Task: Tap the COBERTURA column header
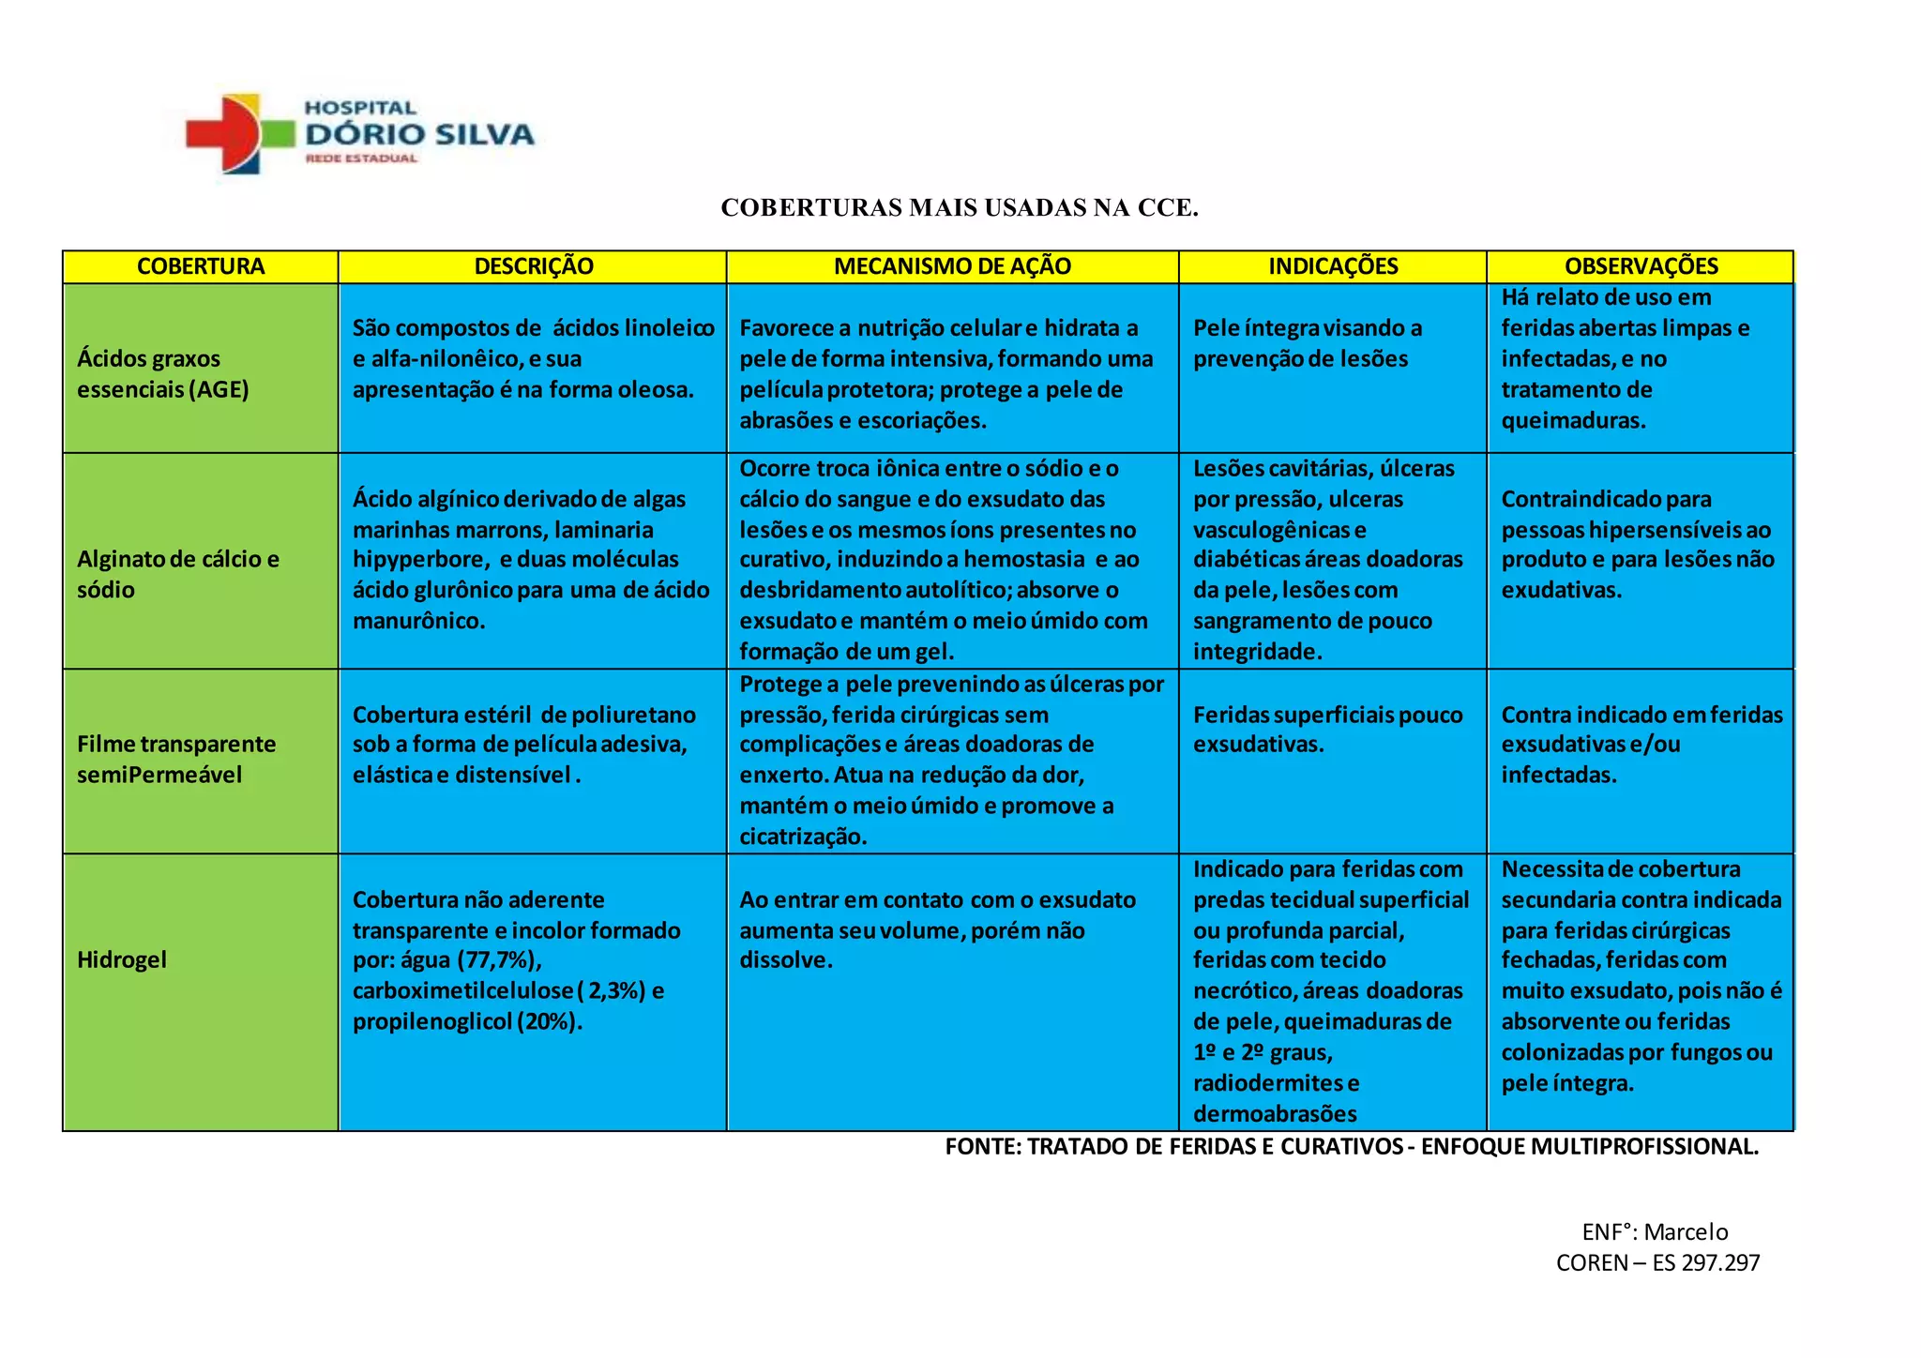(201, 266)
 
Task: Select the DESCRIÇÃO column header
(533, 266)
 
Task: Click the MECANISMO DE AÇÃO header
(952, 266)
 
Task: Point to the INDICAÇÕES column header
(1333, 266)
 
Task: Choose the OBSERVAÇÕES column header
(1641, 266)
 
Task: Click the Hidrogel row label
(122, 959)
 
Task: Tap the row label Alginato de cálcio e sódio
(178, 574)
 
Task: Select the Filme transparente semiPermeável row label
(176, 759)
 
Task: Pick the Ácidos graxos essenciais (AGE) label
(163, 373)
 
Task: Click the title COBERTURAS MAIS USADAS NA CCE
(960, 208)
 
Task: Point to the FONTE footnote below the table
(1352, 1146)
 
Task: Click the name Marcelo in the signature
(1686, 1231)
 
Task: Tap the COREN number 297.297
(1720, 1262)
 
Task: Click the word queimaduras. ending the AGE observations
(1573, 420)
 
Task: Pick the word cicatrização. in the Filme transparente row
(803, 837)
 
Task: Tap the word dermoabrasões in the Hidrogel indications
(1275, 1114)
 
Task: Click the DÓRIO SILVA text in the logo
(419, 134)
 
